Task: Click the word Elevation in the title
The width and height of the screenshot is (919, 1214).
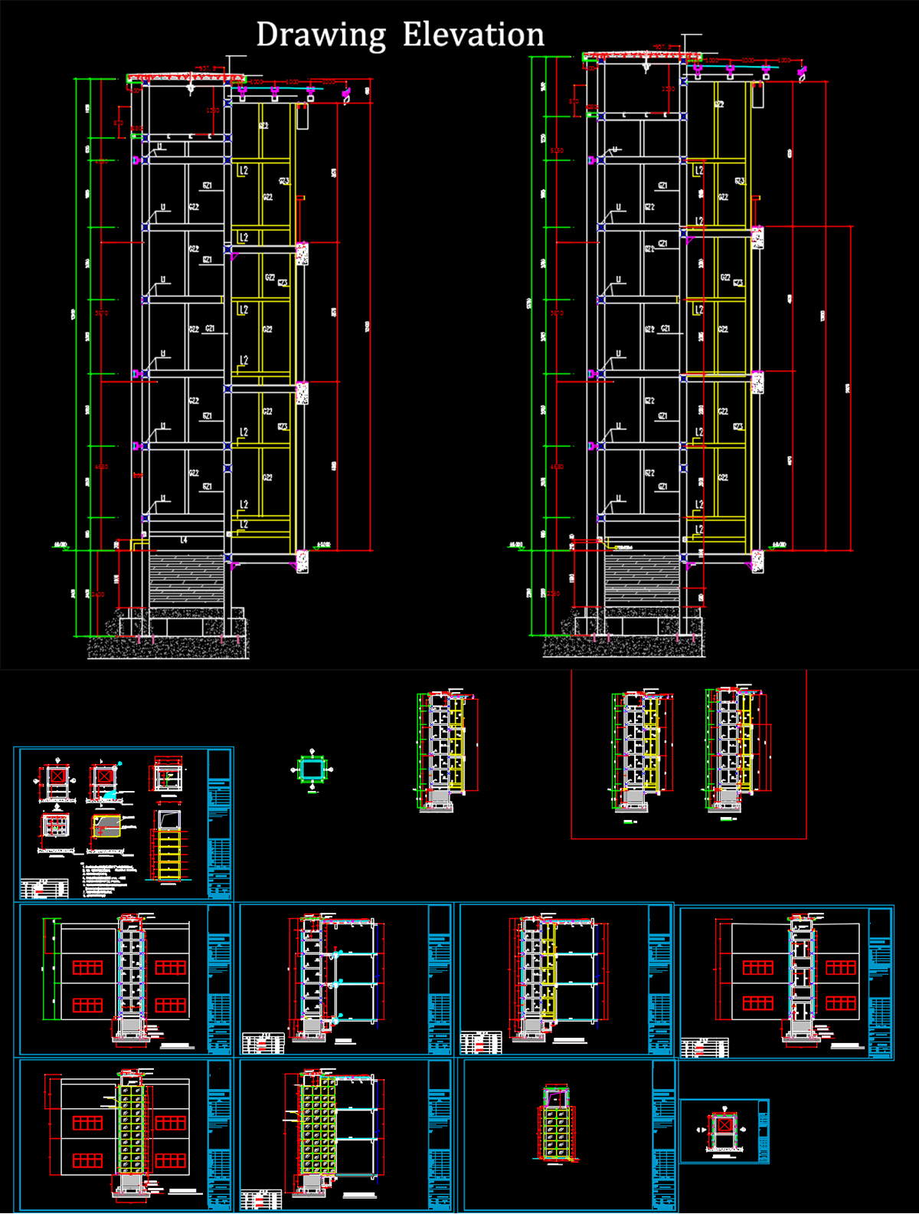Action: tap(473, 35)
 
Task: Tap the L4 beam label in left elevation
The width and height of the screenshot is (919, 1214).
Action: tap(184, 540)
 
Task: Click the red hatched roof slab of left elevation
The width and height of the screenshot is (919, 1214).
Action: tap(185, 77)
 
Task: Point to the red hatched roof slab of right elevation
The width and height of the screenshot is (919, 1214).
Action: tap(642, 56)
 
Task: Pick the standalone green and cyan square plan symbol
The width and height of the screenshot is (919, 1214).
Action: tap(312, 769)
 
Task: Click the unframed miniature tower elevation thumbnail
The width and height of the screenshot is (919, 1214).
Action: tap(446, 751)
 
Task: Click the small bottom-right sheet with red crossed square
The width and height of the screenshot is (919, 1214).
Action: tap(724, 1131)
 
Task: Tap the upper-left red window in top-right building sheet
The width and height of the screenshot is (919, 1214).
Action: tap(757, 968)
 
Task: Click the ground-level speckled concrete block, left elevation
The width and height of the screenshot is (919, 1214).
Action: tap(302, 562)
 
